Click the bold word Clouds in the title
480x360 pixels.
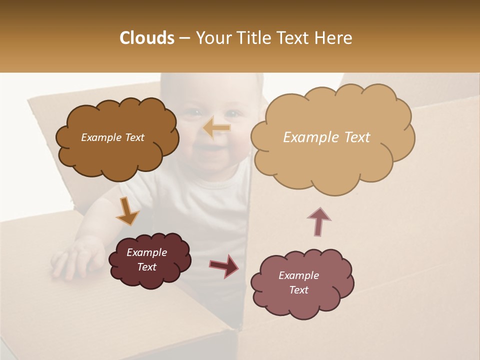click(x=147, y=38)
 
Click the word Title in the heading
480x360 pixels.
click(x=250, y=38)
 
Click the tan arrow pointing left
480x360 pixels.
click(x=217, y=128)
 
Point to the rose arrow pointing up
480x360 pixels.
click(x=319, y=221)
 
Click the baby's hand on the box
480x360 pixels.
click(x=75, y=257)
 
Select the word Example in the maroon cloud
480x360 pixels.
click(x=147, y=252)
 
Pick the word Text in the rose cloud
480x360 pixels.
click(x=299, y=290)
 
